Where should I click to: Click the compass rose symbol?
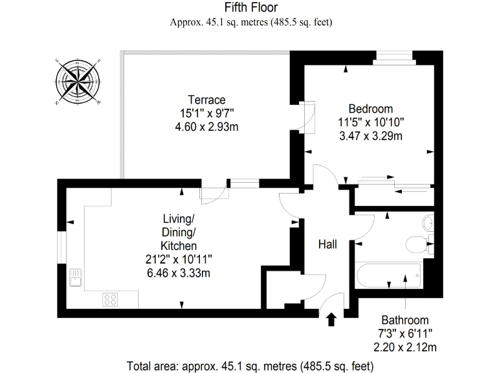[78, 82]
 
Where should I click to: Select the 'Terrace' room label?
[206, 100]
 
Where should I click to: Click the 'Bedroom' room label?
[370, 108]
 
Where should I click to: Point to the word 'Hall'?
[327, 244]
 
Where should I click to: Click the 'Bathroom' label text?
[404, 320]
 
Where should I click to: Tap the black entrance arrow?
[332, 319]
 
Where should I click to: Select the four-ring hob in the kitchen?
[111, 299]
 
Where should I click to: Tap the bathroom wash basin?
[427, 223]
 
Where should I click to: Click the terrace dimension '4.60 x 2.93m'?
[206, 127]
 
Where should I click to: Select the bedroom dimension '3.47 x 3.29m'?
[370, 136]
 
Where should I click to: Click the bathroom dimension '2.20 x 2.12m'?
[404, 347]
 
